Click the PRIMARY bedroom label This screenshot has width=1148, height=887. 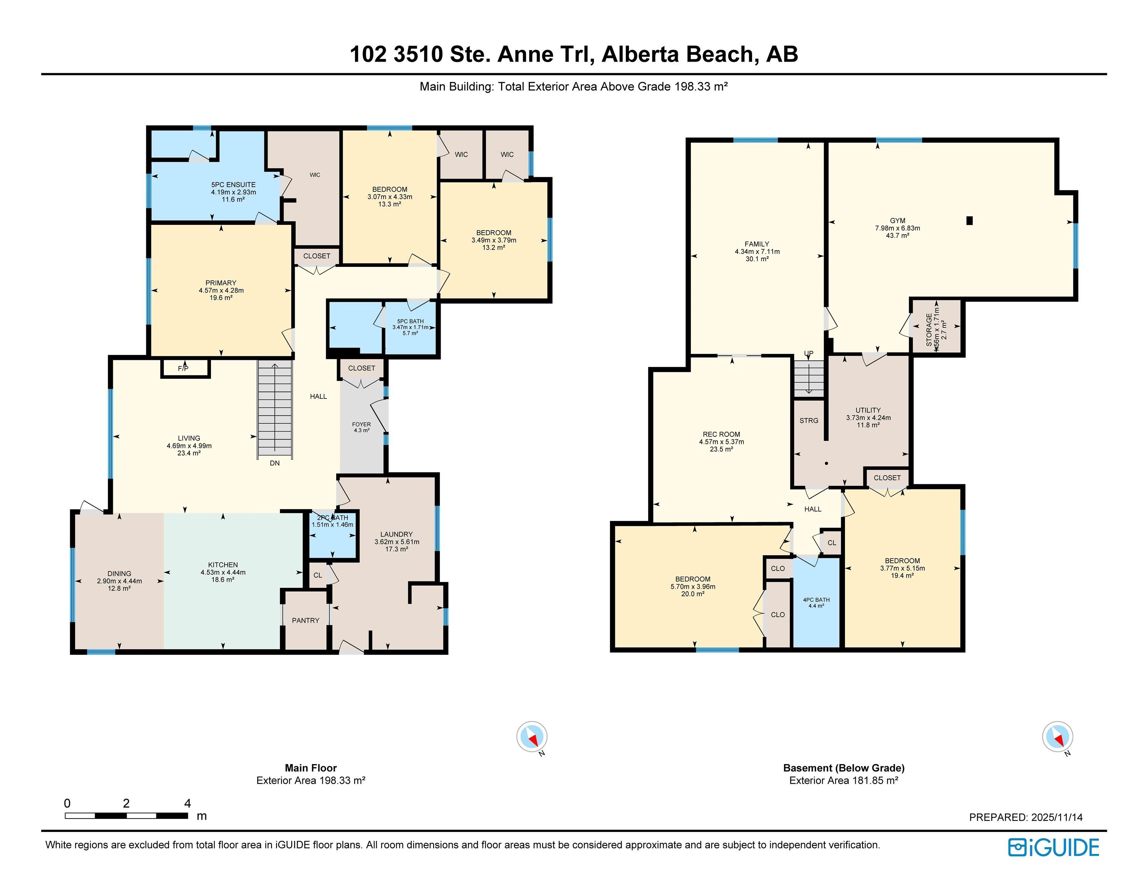pyautogui.click(x=221, y=283)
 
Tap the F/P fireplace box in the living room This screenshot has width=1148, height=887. pyautogui.click(x=183, y=368)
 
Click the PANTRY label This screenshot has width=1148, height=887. pyautogui.click(x=305, y=621)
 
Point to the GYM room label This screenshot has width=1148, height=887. pyautogui.click(x=897, y=221)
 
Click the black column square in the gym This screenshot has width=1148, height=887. pyautogui.click(x=970, y=221)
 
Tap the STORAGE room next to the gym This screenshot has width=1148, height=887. pyautogui.click(x=936, y=327)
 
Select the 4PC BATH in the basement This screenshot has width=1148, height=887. pyautogui.click(x=816, y=602)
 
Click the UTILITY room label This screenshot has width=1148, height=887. pyautogui.click(x=868, y=410)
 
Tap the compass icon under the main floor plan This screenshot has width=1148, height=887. pyautogui.click(x=532, y=737)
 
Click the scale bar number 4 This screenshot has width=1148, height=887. pyautogui.click(x=188, y=803)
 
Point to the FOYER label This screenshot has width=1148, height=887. pyautogui.click(x=361, y=424)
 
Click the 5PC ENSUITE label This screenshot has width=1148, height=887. pyautogui.click(x=233, y=185)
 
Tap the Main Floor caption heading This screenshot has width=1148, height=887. pyautogui.click(x=311, y=768)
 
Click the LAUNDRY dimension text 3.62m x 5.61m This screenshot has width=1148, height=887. pyautogui.click(x=397, y=542)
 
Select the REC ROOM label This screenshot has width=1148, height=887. pyautogui.click(x=721, y=434)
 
